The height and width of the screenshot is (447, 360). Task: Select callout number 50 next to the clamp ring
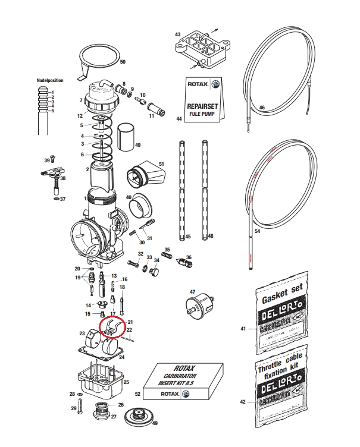coord(123,62)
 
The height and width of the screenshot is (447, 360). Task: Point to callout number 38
coord(63,178)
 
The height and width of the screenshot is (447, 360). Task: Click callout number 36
coord(189,257)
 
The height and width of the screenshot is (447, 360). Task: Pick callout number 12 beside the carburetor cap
coord(80,115)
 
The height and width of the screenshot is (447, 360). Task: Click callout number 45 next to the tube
coord(188,237)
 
